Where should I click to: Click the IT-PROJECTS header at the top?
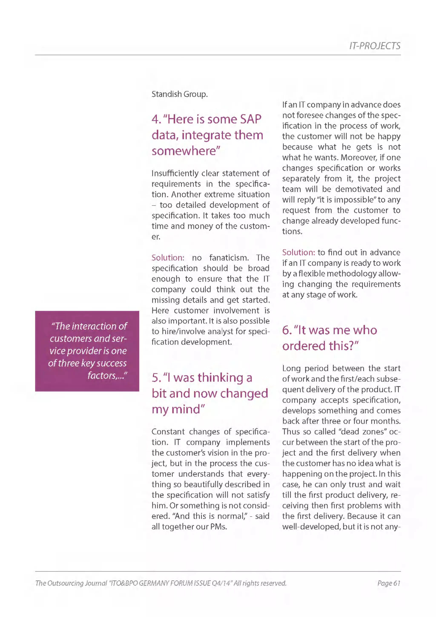[374, 46]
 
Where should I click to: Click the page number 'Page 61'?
[389, 583]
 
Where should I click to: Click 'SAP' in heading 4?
[250, 119]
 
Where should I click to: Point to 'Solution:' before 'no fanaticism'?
[168, 258]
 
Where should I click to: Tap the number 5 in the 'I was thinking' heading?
[156, 378]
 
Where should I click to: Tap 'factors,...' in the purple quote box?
[107, 375]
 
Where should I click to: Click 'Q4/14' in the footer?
[221, 583]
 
